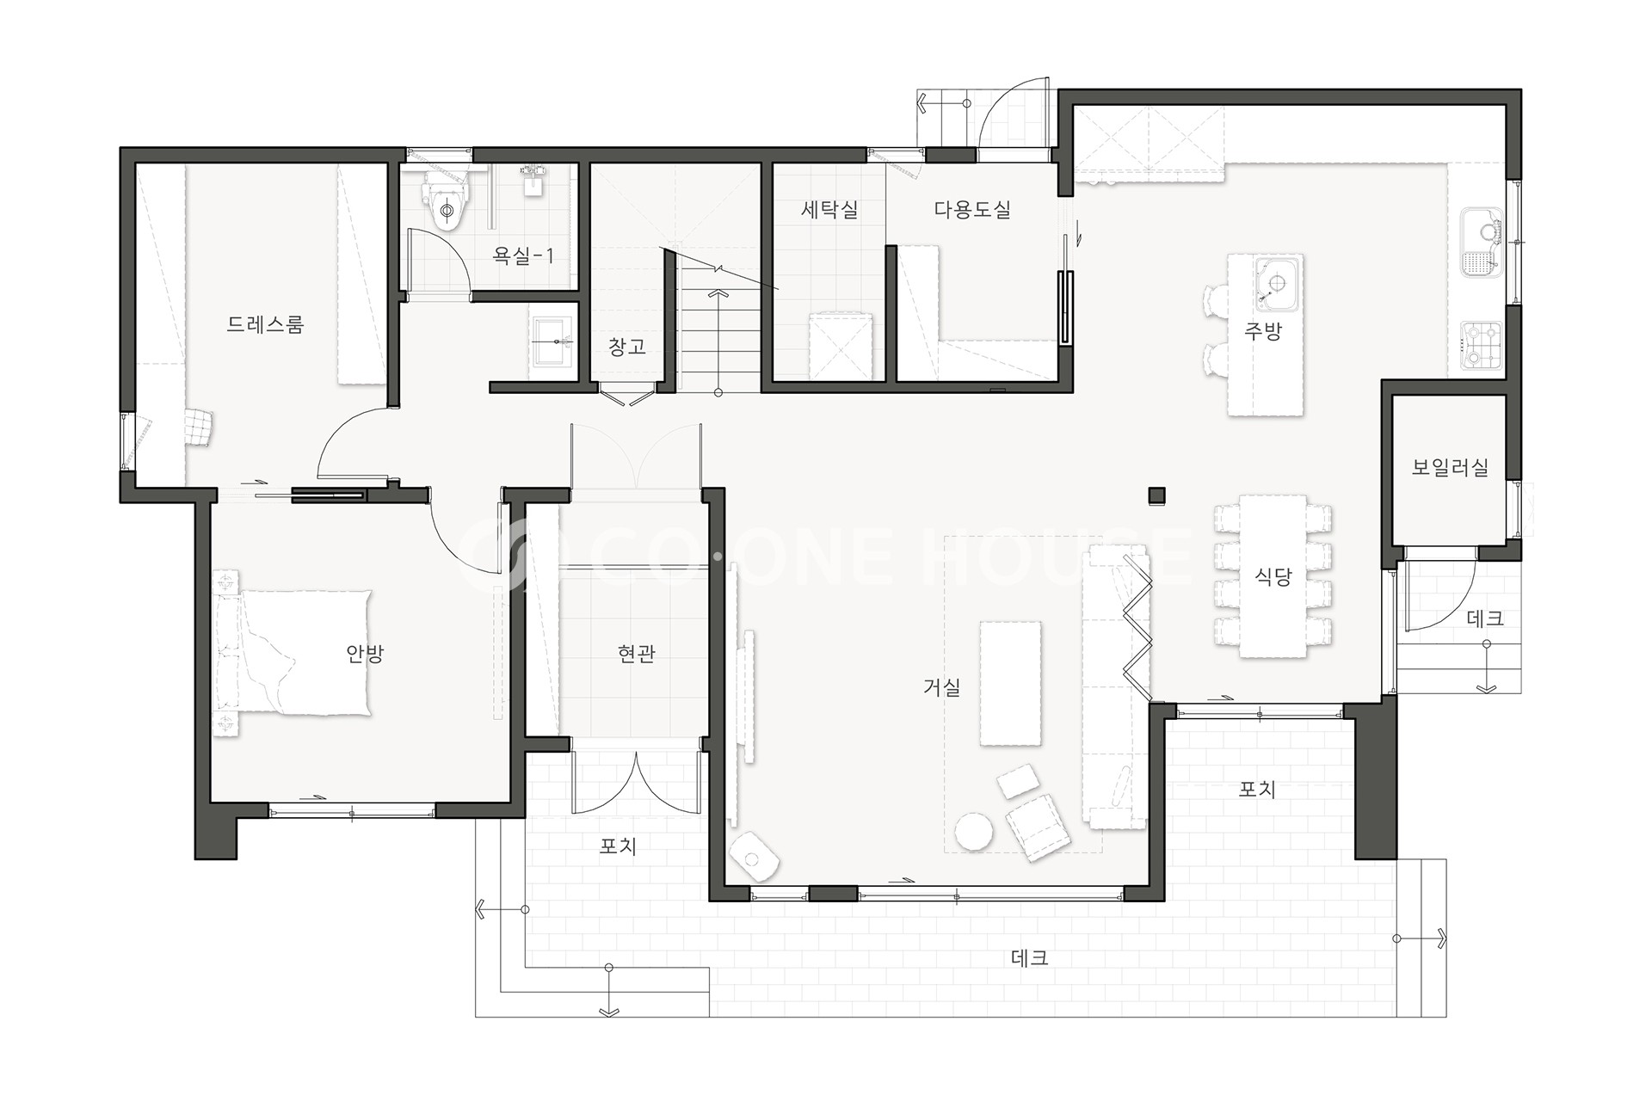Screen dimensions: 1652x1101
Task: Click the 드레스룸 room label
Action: point(265,325)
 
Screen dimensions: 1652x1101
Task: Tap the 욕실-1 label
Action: point(523,255)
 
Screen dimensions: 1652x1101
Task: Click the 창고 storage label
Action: point(626,347)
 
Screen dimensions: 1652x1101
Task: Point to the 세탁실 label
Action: point(829,209)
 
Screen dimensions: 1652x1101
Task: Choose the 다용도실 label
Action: point(972,209)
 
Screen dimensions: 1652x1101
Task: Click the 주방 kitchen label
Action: point(1262,331)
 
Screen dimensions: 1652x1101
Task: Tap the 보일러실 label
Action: point(1450,467)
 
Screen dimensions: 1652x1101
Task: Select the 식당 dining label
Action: point(1273,576)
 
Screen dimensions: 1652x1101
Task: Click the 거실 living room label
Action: point(941,686)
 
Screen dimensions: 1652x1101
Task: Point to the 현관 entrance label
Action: point(637,654)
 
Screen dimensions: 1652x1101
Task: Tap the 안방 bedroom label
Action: point(364,654)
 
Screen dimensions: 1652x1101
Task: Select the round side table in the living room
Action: point(974,831)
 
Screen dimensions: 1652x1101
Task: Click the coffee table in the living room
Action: point(1010,683)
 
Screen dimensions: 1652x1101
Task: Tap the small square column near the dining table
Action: point(1157,495)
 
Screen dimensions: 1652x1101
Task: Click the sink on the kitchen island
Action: point(1277,283)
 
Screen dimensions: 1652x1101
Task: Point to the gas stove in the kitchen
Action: point(1481,346)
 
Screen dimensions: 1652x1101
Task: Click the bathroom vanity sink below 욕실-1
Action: point(554,341)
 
